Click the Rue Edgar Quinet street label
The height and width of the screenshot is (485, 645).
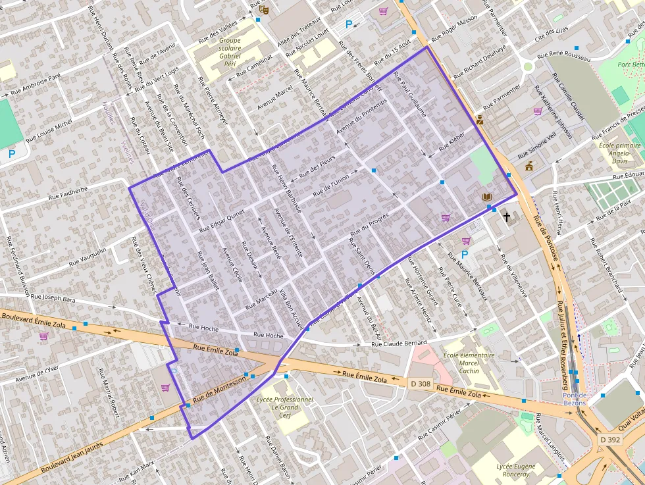[222, 221]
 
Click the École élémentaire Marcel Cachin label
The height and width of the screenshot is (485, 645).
[469, 363]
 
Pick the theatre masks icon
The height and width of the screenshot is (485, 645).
[264, 9]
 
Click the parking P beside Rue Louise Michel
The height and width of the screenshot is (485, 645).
[11, 154]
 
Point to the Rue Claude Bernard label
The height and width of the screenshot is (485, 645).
[399, 343]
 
